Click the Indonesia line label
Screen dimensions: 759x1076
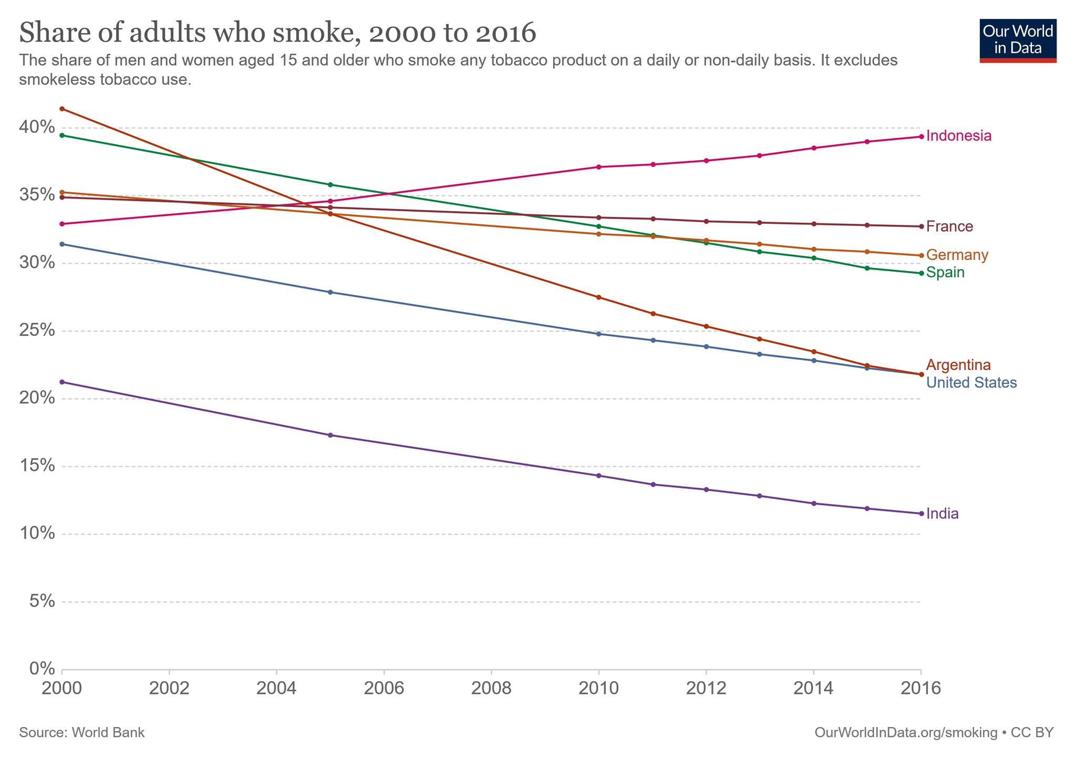[x=958, y=136]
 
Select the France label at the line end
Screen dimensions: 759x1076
[x=949, y=226]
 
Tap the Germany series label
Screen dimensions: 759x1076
[x=957, y=255]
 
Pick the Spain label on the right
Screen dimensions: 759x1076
[x=945, y=273]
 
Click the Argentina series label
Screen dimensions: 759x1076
[x=958, y=365]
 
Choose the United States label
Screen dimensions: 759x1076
[x=971, y=383]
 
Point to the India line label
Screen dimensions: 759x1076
[x=942, y=514]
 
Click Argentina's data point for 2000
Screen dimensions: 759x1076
[x=62, y=109]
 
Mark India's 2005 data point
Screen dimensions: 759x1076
[x=330, y=435]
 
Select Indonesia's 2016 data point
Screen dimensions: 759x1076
[x=921, y=137]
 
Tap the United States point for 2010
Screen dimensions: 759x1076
[x=598, y=334]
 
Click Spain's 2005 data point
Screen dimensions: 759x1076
[x=330, y=185]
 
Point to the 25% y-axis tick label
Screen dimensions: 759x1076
[x=37, y=330]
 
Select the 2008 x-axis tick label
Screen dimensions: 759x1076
[x=491, y=689]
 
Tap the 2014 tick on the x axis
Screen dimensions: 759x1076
[x=813, y=689]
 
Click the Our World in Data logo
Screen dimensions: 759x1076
[x=1018, y=41]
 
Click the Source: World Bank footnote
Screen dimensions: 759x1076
[x=81, y=733]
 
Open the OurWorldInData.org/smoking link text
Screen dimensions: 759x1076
[x=906, y=733]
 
